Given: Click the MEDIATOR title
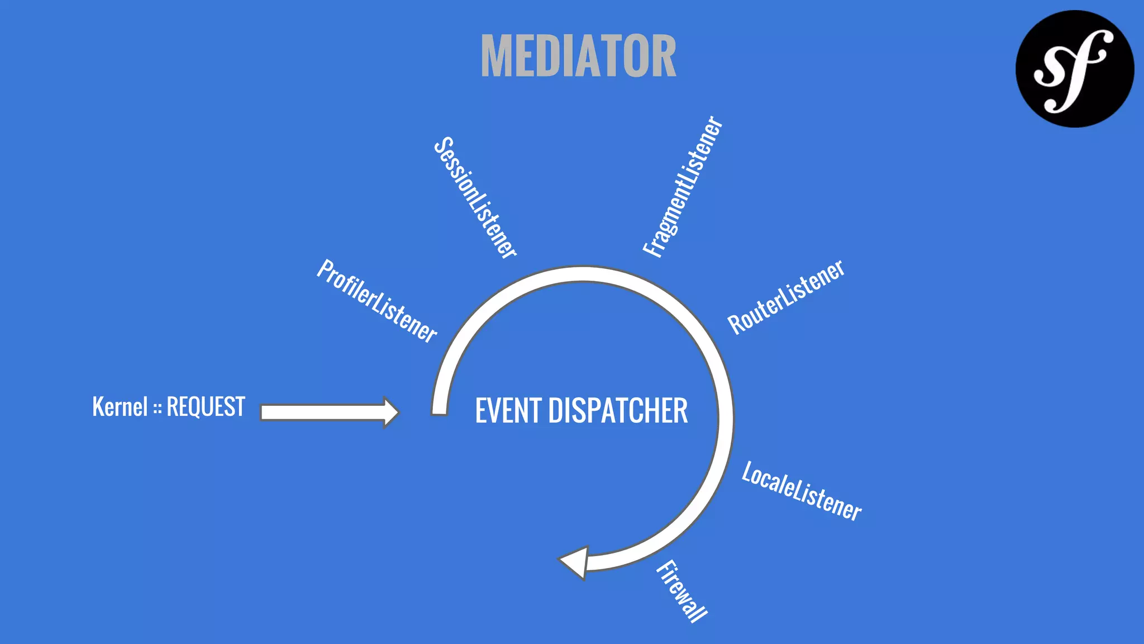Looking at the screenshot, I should (x=578, y=56).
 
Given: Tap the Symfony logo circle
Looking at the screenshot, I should (x=1074, y=69).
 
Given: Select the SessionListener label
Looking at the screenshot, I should (x=475, y=198).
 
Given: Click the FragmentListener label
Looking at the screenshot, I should (x=683, y=187).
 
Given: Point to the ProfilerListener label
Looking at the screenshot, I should (x=376, y=301).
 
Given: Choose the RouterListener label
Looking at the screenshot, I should (x=786, y=297).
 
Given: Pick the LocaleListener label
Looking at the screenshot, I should (x=802, y=491).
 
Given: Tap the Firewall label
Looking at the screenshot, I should (x=681, y=591).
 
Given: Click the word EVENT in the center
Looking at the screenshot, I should (x=508, y=411).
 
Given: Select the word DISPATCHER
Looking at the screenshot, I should (x=618, y=411).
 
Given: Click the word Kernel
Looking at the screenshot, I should (x=120, y=407).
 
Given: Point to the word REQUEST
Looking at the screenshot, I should (x=206, y=407).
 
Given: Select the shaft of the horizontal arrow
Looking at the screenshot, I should (x=321, y=413).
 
